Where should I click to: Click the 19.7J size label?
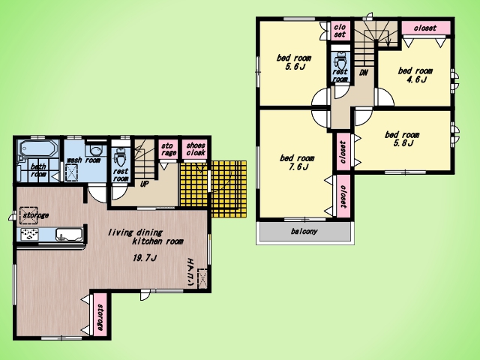click(145, 258)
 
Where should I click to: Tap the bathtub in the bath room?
click(38, 148)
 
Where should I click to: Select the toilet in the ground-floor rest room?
click(120, 157)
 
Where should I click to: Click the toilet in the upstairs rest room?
click(340, 61)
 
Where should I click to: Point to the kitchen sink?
click(69, 235)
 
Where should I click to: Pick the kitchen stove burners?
click(30, 234)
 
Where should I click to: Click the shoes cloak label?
click(195, 149)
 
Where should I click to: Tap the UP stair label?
click(144, 184)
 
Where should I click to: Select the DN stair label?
click(363, 73)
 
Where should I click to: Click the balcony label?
click(304, 231)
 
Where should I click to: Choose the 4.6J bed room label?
click(415, 75)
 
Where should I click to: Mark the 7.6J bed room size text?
click(297, 166)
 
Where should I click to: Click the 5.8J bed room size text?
click(403, 143)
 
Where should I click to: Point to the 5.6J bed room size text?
click(295, 67)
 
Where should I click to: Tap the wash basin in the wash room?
click(96, 151)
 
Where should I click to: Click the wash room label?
click(83, 160)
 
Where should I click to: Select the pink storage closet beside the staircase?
click(168, 149)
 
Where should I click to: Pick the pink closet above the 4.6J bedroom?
click(426, 28)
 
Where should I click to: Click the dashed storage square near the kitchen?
click(28, 215)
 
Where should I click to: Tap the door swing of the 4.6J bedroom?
click(385, 97)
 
